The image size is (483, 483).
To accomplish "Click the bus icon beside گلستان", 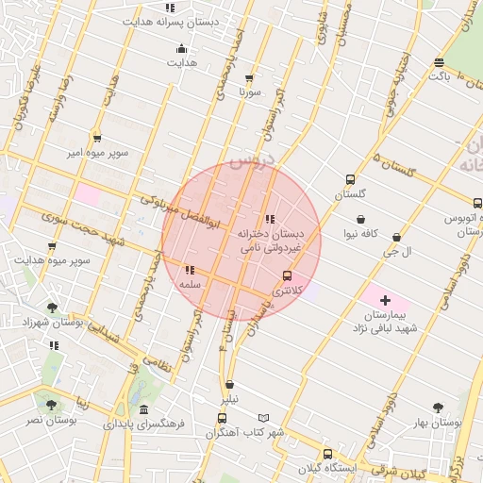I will (x=351, y=179).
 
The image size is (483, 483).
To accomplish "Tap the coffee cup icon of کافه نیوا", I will (x=361, y=220).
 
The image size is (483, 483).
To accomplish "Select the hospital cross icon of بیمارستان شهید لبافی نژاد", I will (x=385, y=300).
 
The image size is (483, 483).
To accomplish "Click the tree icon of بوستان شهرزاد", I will (x=52, y=308).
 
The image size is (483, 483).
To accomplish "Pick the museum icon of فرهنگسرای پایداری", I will (x=142, y=410).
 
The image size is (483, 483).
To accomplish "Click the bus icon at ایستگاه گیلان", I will (x=326, y=453).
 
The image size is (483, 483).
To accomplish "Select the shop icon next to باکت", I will (x=440, y=62).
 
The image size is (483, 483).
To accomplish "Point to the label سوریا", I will (x=249, y=93).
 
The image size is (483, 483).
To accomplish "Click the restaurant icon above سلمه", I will (x=191, y=269).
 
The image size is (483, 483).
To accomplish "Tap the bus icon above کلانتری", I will (x=287, y=275).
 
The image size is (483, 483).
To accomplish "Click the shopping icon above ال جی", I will (x=395, y=238).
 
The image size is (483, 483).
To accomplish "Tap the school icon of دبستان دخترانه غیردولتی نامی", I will (x=270, y=219).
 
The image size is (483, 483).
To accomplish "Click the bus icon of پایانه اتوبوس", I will (x=477, y=202).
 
